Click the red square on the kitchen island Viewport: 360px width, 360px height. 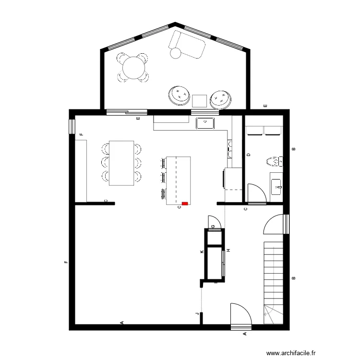pyautogui.click(x=185, y=204)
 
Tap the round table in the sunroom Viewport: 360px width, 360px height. pyautogui.click(x=133, y=67)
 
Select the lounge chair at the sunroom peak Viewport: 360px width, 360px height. pyautogui.click(x=187, y=45)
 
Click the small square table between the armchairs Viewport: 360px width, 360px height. pyautogui.click(x=199, y=101)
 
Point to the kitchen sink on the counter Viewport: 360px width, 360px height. pyautogui.click(x=205, y=123)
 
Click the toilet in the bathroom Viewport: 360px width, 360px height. pyautogui.click(x=273, y=161)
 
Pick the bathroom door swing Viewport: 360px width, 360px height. pyautogui.click(x=255, y=193)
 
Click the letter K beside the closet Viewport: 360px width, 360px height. pyautogui.click(x=202, y=251)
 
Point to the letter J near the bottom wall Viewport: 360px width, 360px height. pyautogui.click(x=197, y=314)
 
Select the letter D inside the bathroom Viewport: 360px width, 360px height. pyautogui.click(x=248, y=155)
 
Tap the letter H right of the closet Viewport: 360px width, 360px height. pyautogui.click(x=229, y=251)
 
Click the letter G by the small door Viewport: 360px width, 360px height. pyautogui.click(x=213, y=226)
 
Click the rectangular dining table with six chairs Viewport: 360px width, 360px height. pyautogui.click(x=121, y=163)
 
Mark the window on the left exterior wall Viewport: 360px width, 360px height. pyautogui.click(x=72, y=126)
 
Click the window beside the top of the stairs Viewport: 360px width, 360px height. pyautogui.click(x=286, y=223)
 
